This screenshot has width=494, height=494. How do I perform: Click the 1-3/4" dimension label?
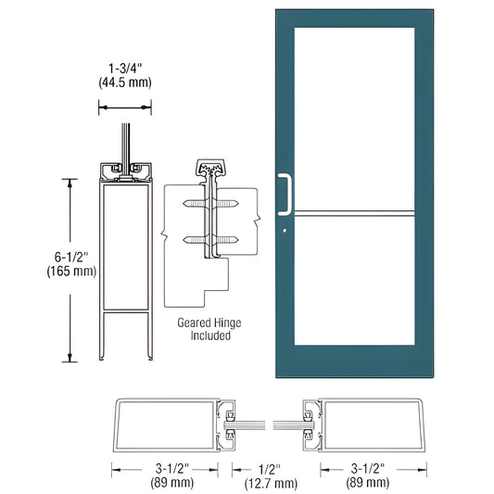tap(125, 67)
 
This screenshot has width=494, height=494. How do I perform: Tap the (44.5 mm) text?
tap(125, 82)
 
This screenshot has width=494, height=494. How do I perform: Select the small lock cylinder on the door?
tap(285, 231)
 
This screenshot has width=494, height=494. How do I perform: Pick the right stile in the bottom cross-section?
tap(367, 423)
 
